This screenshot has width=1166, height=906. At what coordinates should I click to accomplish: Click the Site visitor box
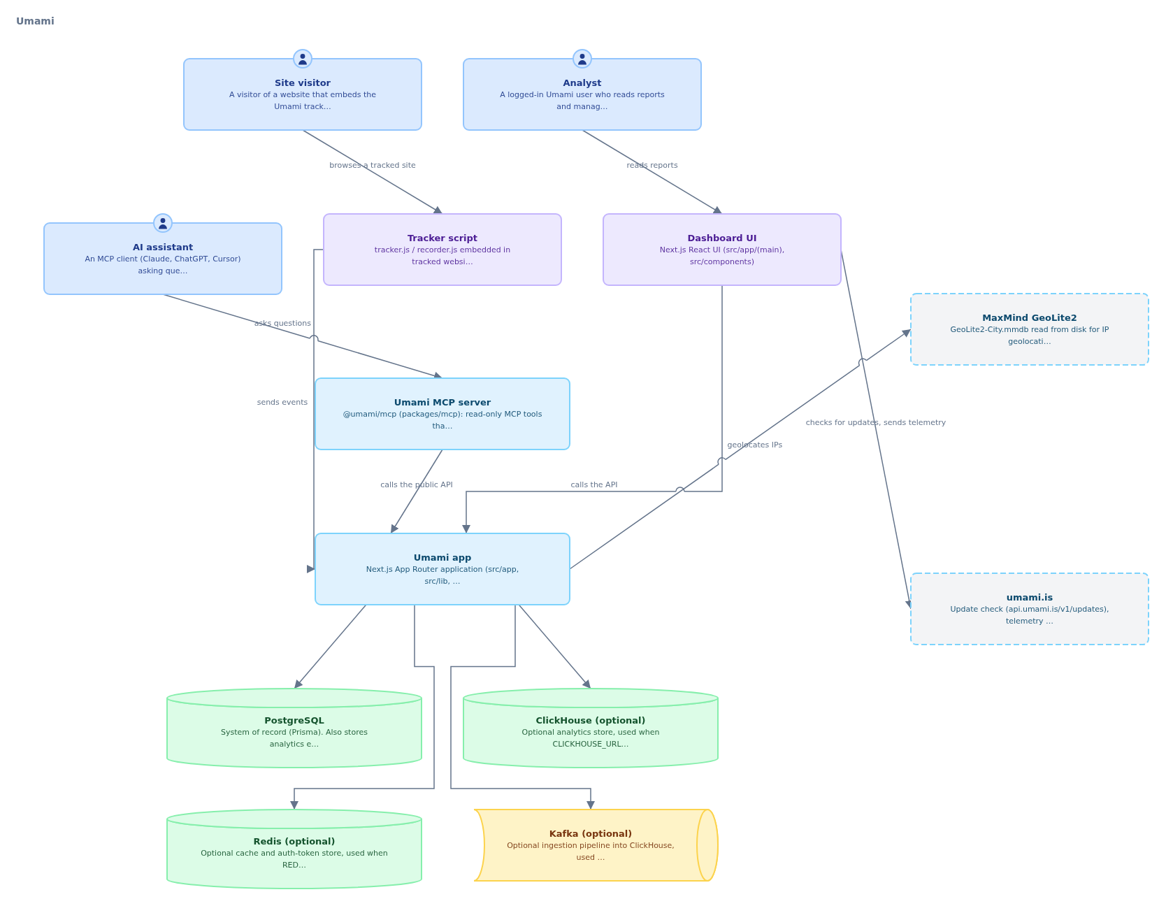[303, 94]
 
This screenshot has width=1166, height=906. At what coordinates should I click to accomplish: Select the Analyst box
[582, 94]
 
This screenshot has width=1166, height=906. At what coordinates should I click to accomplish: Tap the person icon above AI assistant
[163, 223]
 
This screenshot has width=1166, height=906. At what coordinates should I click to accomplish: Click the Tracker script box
[442, 250]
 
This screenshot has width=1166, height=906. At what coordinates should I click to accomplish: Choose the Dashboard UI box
[722, 250]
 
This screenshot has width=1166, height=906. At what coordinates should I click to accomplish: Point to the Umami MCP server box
[442, 414]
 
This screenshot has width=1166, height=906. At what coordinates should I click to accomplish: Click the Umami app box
[442, 569]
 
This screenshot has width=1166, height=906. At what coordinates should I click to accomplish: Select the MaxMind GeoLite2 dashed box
[1030, 329]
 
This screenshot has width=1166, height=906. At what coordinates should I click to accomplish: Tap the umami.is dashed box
[1030, 609]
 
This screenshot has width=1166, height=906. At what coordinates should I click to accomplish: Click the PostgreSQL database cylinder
[294, 728]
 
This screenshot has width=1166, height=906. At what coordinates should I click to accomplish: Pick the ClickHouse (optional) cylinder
[591, 728]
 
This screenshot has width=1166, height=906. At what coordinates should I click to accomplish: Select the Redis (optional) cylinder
[294, 849]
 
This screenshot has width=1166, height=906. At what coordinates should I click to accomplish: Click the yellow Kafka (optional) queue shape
[596, 845]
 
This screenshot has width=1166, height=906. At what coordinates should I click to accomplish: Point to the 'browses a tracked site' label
[373, 166]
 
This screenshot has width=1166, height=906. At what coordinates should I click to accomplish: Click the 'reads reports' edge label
[652, 166]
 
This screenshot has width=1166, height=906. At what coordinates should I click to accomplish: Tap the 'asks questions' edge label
[282, 324]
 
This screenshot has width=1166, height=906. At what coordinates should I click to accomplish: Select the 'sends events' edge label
[282, 403]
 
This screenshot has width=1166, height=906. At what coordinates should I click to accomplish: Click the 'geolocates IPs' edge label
[755, 445]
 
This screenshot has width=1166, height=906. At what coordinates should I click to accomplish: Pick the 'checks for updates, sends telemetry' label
[876, 423]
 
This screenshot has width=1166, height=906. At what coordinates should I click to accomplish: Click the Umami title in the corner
[35, 21]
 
